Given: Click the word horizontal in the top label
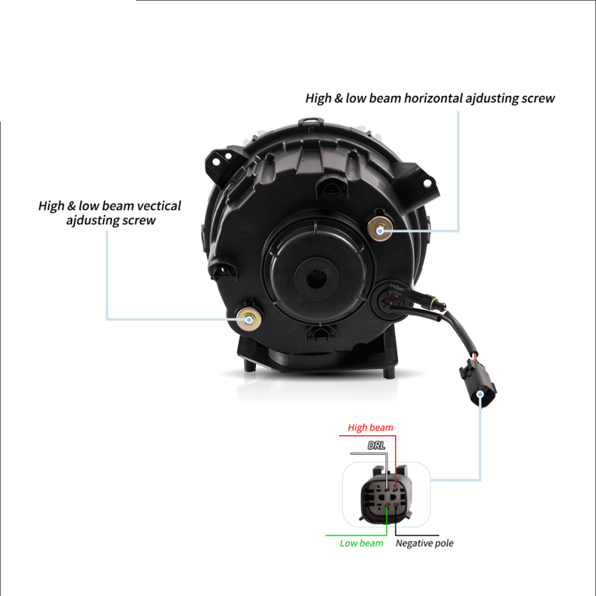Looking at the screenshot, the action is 433,98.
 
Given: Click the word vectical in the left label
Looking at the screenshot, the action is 159,206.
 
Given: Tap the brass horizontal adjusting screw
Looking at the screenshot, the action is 380,229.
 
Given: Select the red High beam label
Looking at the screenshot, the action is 370,427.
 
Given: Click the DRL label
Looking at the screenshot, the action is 376,445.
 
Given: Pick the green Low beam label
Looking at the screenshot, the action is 361,543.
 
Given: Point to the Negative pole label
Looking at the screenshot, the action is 424,543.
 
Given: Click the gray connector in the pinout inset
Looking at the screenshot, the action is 386,495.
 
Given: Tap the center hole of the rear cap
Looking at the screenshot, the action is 315,280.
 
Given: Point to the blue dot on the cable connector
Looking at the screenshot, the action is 480,394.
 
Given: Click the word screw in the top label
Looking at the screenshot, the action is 538,98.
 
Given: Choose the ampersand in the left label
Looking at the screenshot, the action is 72,206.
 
